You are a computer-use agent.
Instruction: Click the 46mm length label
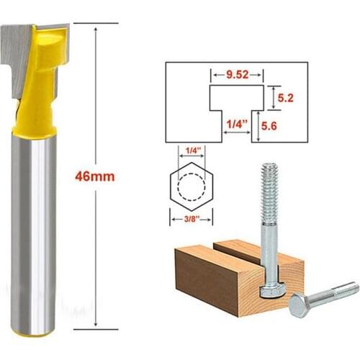(x=96, y=175)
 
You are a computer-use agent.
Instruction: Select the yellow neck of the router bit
(x=40, y=101)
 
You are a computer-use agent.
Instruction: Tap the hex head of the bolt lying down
(x=300, y=305)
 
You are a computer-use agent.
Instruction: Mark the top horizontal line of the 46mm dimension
(x=95, y=23)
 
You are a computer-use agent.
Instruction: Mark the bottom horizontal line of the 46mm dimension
(x=95, y=328)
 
